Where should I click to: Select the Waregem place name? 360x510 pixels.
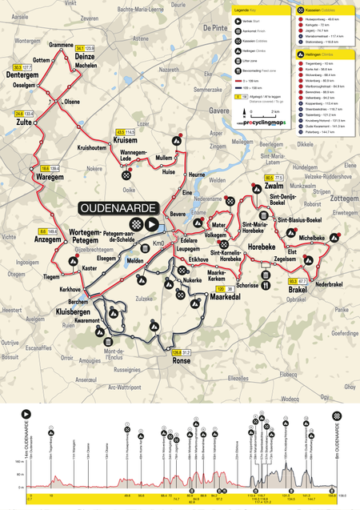pyautogui.click(x=50, y=178)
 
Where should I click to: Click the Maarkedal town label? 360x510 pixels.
pyautogui.click(x=214, y=296)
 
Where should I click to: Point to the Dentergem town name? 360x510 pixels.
pyautogui.click(x=24, y=75)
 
